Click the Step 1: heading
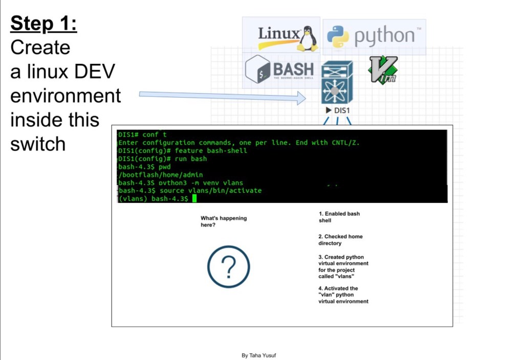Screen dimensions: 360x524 coord(43,24)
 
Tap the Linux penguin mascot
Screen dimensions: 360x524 coord(307,38)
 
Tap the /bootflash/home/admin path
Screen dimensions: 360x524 coord(161,175)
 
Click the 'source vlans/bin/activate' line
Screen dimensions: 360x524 coord(190,190)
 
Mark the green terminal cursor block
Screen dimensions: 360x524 coord(194,198)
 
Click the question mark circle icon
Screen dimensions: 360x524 coord(228,266)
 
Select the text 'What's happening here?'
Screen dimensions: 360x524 coord(223,221)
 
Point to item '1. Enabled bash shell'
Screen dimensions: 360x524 coord(339,217)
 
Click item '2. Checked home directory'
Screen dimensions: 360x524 coord(340,240)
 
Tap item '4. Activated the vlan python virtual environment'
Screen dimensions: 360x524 coord(343,295)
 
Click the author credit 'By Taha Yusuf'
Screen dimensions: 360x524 coord(259,355)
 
